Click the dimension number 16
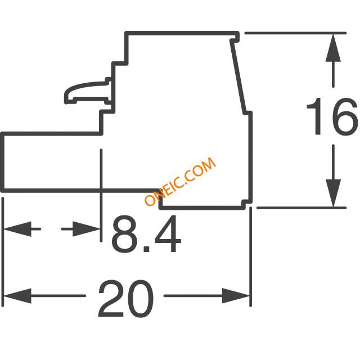point(332,116)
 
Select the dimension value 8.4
point(146,234)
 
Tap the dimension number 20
point(126,299)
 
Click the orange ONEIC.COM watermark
point(180,182)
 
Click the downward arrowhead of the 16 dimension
point(333,193)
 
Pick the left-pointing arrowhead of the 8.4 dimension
point(17,229)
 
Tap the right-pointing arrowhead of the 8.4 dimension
point(86,229)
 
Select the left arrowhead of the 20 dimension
point(17,296)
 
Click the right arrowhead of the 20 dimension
point(236,296)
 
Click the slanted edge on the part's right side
point(238,76)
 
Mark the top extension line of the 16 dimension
point(295,33)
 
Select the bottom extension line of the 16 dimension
point(301,208)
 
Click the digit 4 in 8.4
point(168,234)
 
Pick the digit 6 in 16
point(345,116)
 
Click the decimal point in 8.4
point(146,249)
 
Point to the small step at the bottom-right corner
point(247,205)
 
